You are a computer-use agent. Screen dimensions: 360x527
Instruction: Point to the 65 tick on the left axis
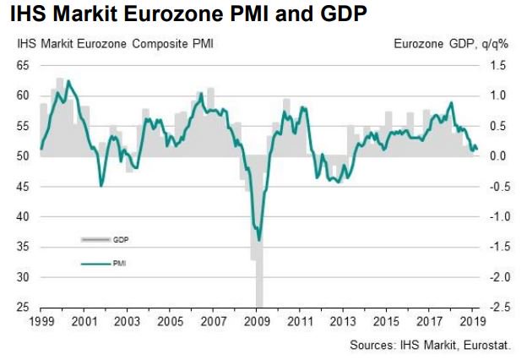[x=23, y=65]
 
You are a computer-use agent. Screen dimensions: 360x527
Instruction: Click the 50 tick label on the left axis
[x=23, y=156]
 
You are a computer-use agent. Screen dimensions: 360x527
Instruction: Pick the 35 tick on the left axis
[x=23, y=247]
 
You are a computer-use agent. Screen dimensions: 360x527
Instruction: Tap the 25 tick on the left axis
[x=23, y=308]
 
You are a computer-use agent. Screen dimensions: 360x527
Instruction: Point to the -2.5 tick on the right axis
[x=499, y=308]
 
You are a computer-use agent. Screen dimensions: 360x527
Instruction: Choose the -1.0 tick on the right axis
[x=499, y=216]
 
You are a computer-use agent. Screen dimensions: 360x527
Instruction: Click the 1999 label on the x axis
[x=40, y=323]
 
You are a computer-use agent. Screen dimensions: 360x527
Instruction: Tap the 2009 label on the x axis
[x=258, y=323]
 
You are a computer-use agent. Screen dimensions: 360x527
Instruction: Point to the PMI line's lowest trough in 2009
[x=258, y=240]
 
